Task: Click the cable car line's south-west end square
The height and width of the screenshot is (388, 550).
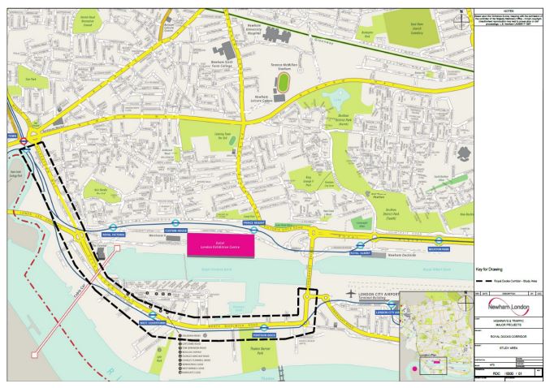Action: click(x=33, y=356)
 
